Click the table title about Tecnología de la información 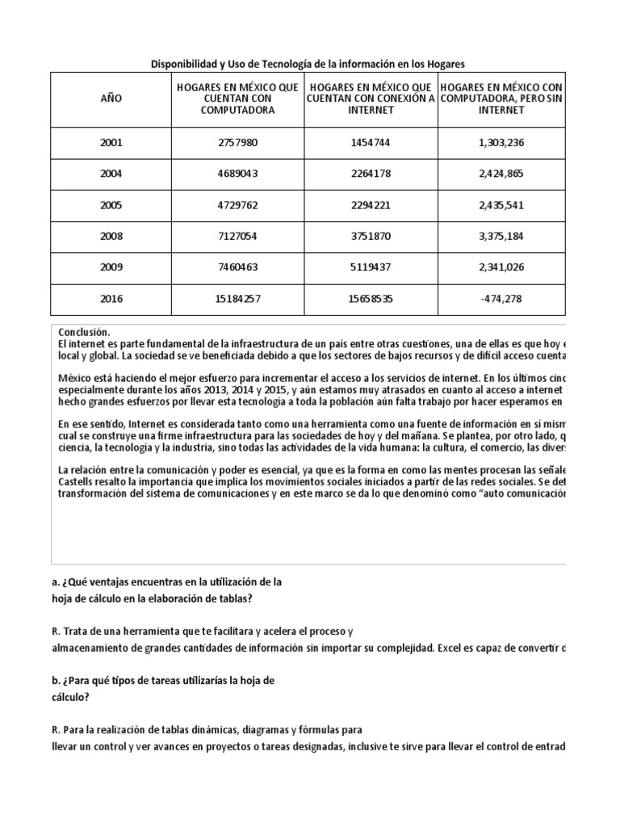coord(309,63)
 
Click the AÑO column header coord(111,99)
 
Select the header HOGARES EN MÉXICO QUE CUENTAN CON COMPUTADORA coord(235,99)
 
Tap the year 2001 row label coord(111,143)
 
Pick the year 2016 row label coord(111,299)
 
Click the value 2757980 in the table coord(235,143)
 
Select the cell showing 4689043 coord(235,174)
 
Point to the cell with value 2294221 coord(371,205)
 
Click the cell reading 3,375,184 coord(501,237)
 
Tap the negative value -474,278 coord(501,299)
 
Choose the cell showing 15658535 coord(371,299)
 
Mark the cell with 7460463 coord(235,267)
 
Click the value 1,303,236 coord(501,143)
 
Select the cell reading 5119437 coord(371,267)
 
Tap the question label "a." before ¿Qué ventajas coord(54,582)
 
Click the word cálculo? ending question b coord(69,696)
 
